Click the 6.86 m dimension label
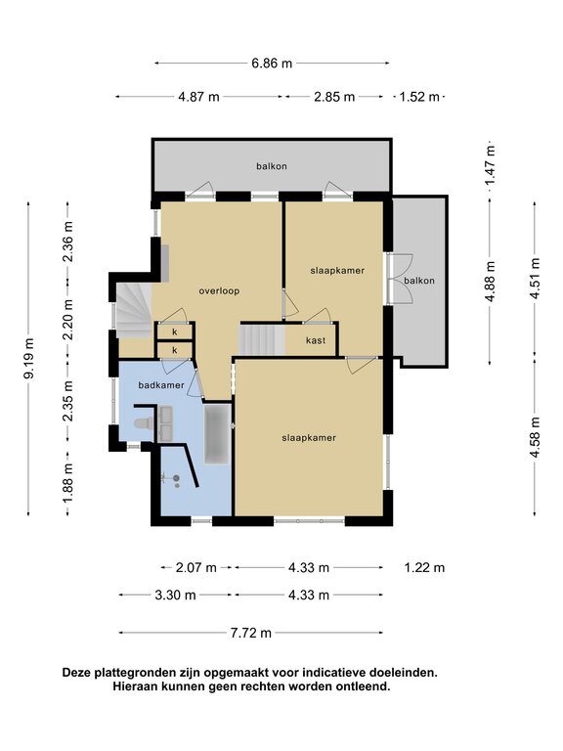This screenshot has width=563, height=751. click(272, 64)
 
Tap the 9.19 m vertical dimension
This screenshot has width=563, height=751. click(29, 358)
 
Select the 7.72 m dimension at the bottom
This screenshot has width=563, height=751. click(251, 633)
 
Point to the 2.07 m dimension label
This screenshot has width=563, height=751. click(196, 567)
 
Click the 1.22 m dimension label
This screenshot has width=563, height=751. click(424, 567)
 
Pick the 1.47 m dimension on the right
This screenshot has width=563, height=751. click(490, 165)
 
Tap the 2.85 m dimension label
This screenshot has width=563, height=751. click(334, 97)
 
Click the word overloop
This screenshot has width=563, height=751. click(219, 290)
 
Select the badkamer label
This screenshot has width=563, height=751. click(161, 385)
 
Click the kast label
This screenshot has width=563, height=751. click(316, 340)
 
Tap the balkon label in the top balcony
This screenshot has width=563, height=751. click(272, 166)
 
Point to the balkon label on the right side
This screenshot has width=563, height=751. click(419, 281)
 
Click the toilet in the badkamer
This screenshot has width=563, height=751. click(144, 422)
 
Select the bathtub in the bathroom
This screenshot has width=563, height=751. click(217, 434)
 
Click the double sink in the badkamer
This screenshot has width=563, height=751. click(166, 423)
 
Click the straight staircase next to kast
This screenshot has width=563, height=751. click(262, 340)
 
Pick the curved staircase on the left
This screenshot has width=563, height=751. click(134, 310)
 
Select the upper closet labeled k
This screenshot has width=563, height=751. click(175, 331)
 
